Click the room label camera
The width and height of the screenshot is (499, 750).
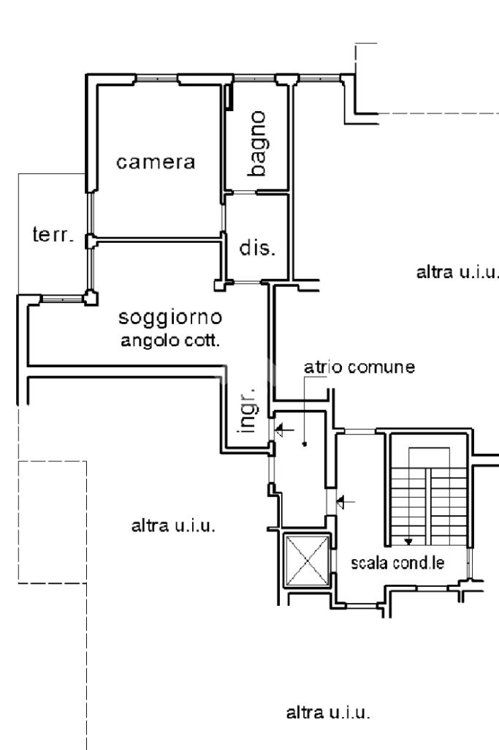pyautogui.click(x=156, y=162)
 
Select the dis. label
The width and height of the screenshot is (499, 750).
pyautogui.click(x=256, y=248)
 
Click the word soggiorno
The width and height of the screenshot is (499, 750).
pyautogui.click(x=170, y=319)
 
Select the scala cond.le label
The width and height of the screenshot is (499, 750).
pyautogui.click(x=398, y=563)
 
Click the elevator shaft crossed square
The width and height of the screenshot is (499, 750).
pyautogui.click(x=306, y=560)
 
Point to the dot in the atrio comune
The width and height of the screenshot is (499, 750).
pyautogui.click(x=304, y=443)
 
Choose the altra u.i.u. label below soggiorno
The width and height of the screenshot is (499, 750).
pyautogui.click(x=173, y=525)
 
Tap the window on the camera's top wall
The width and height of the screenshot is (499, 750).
pyautogui.click(x=156, y=76)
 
